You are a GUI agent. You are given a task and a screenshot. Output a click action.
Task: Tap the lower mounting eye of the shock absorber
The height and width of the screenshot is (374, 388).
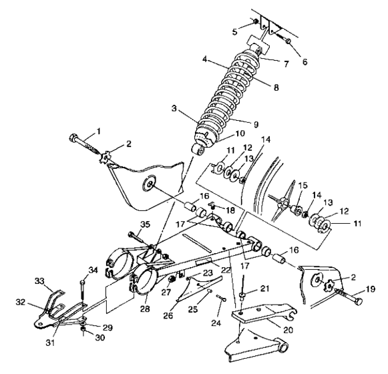pos(198,148)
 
